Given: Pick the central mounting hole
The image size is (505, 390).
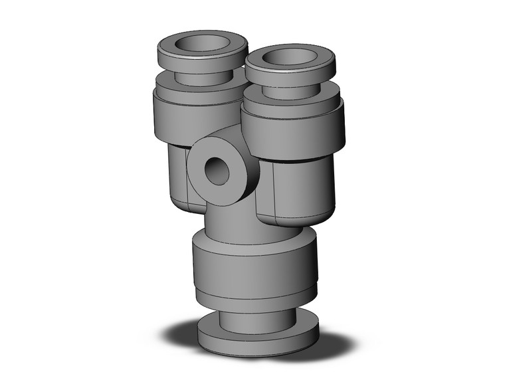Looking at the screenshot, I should [218, 171].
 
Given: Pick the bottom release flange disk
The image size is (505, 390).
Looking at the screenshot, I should [259, 339].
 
